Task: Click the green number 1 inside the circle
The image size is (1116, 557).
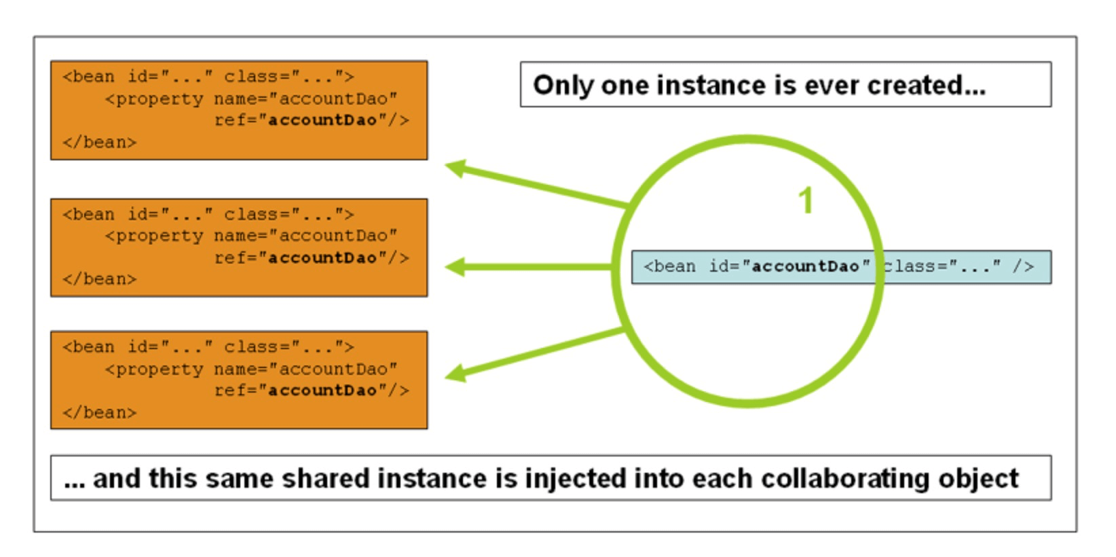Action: tap(805, 201)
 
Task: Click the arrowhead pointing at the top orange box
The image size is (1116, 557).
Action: tap(455, 168)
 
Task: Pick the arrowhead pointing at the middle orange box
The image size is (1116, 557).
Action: tap(455, 267)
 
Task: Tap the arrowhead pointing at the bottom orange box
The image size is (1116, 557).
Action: tap(455, 372)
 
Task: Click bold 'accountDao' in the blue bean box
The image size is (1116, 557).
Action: tap(805, 266)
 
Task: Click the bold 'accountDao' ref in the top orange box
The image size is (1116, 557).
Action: tap(322, 120)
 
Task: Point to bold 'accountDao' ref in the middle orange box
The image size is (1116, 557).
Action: tap(322, 258)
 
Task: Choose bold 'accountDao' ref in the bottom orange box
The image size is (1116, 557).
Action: tap(322, 391)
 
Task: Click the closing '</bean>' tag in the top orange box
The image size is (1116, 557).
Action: tap(100, 143)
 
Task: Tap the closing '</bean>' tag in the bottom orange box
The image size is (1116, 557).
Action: tap(100, 413)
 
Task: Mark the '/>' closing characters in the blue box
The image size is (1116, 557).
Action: tap(1023, 266)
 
